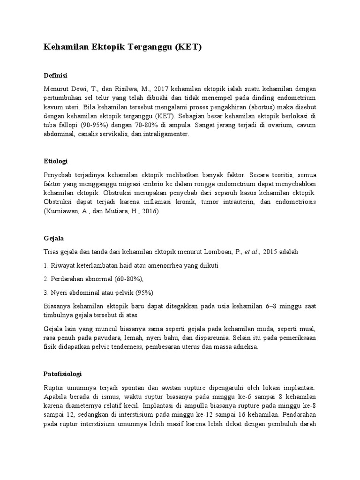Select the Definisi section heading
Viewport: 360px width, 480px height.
pyautogui.click(x=56, y=75)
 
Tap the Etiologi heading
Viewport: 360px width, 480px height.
pyautogui.click(x=56, y=161)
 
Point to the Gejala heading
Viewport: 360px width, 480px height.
pyautogui.click(x=53, y=238)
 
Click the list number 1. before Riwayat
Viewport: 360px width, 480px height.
pyautogui.click(x=45, y=265)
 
